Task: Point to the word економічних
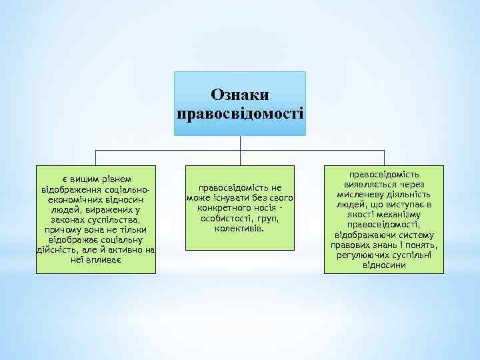tap(75, 199)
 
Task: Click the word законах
tap(67, 219)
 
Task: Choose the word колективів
tap(239, 229)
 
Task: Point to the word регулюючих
tap(364, 255)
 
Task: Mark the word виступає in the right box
tap(402, 205)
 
